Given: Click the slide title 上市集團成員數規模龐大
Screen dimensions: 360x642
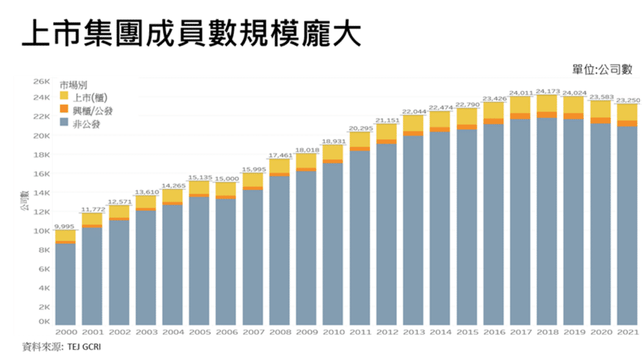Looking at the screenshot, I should pyautogui.click(x=191, y=34).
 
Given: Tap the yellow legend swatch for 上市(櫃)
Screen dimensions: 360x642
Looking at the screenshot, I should pyautogui.click(x=64, y=97).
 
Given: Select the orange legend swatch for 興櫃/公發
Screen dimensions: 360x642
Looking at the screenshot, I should pyautogui.click(x=64, y=110).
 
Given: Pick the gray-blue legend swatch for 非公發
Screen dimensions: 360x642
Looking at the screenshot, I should pyautogui.click(x=64, y=124).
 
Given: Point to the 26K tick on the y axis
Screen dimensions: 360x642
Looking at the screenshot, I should pyautogui.click(x=41, y=82).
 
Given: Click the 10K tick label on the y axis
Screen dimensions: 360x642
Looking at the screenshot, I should pyautogui.click(x=41, y=231).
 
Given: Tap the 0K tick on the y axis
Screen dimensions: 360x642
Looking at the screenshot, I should pyautogui.click(x=44, y=322).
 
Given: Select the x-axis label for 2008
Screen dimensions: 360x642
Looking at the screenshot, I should pyautogui.click(x=280, y=331).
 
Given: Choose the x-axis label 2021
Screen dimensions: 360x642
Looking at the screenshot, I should pyautogui.click(x=627, y=331).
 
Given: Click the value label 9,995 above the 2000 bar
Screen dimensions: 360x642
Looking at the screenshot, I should pyautogui.click(x=65, y=226).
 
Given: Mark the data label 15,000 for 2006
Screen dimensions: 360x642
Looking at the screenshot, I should pyautogui.click(x=226, y=178).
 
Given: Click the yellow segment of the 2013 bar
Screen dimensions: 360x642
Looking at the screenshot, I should pyautogui.click(x=413, y=123).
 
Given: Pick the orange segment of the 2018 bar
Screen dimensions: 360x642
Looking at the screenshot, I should pyautogui.click(x=547, y=115).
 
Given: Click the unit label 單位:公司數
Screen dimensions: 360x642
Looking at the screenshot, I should pyautogui.click(x=602, y=69).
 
